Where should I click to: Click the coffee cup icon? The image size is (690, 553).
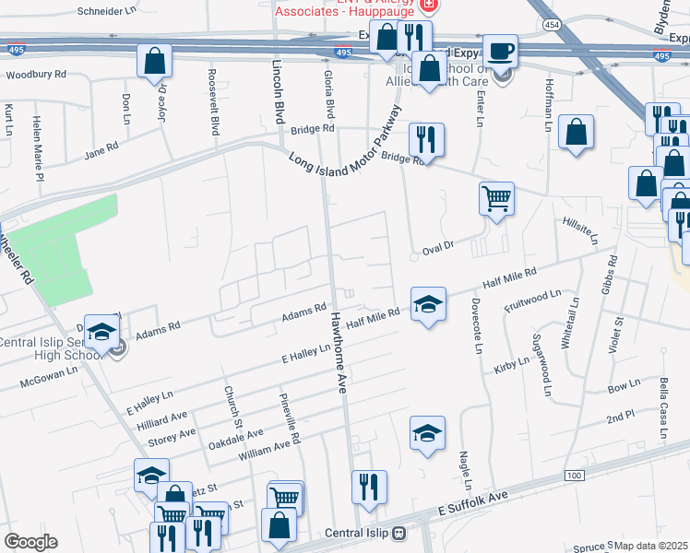click(500, 51)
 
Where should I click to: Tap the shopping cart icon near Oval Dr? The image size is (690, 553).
click(496, 198)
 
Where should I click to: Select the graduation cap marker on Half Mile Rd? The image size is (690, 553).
click(428, 303)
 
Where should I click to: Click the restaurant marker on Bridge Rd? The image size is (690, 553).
click(426, 139)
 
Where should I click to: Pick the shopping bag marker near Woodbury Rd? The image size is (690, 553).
click(155, 61)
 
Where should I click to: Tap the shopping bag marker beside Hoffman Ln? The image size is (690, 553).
click(576, 132)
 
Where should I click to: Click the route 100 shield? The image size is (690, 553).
click(575, 475)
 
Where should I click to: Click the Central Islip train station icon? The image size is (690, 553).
click(399, 533)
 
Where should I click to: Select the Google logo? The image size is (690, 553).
click(30, 542)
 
